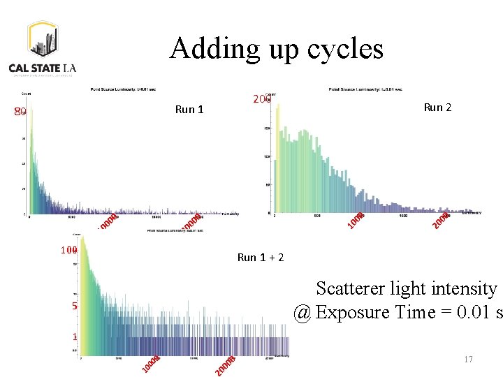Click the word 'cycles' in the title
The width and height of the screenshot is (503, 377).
348,50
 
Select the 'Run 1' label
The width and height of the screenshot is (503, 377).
189,109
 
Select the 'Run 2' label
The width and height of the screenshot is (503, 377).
437,107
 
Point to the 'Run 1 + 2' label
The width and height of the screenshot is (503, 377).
261,257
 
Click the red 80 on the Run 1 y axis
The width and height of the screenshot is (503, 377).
20,112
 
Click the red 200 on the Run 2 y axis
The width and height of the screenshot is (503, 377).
261,100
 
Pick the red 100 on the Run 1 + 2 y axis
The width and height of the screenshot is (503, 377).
68,250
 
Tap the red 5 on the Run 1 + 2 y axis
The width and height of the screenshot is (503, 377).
73,306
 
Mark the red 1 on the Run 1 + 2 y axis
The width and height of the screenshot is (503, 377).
74,337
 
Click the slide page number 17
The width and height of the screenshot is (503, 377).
468,360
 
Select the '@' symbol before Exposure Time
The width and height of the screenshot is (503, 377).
302,312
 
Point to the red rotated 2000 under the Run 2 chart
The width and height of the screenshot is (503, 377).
441,220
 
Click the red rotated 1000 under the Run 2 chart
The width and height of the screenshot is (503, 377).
356,219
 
